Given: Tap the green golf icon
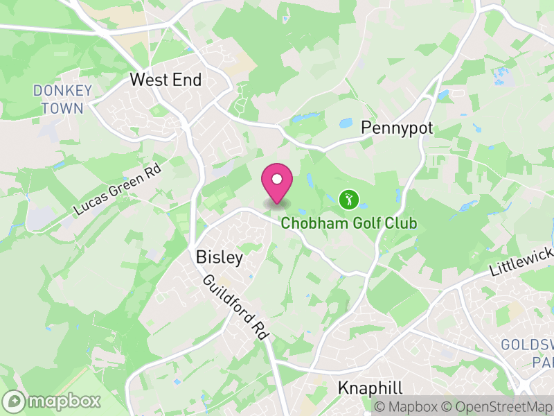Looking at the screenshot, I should coord(349,200).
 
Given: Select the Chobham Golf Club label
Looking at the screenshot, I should coord(349,223).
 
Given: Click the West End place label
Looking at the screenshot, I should coord(166,80).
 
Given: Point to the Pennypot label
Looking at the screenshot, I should coord(397,128).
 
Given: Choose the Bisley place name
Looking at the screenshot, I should coord(220,258).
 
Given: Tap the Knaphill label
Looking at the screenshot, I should coord(370,388).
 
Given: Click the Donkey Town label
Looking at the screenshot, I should coord(62,99).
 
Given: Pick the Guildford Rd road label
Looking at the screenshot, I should coord(236,307).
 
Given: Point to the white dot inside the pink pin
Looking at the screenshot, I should coord(277,179).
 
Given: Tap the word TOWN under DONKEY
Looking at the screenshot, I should coord(62,108).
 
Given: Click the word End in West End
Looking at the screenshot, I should coord(187,80).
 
